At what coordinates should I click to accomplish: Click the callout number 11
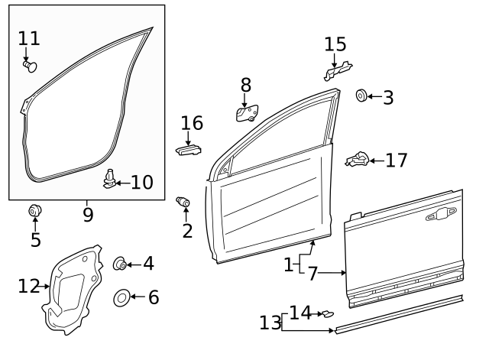[x=28, y=38]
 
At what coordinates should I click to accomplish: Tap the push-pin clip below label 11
[x=30, y=66]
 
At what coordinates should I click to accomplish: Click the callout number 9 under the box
[x=88, y=215]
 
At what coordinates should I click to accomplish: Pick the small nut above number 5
[x=34, y=211]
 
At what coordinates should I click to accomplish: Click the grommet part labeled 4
[x=120, y=264]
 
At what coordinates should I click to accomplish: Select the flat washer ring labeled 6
[x=121, y=297]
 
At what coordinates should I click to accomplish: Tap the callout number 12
[x=29, y=287]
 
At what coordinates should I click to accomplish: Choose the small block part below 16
[x=190, y=148]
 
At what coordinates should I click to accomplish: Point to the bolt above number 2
[x=183, y=203]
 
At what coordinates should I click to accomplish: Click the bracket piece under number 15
[x=337, y=71]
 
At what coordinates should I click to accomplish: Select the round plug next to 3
[x=361, y=96]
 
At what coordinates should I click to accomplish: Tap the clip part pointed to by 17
[x=358, y=159]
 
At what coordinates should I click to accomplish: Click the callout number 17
[x=396, y=161]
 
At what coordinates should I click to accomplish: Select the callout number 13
[x=270, y=323]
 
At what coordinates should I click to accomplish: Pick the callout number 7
[x=313, y=273]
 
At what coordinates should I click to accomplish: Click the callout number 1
[x=289, y=265]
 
